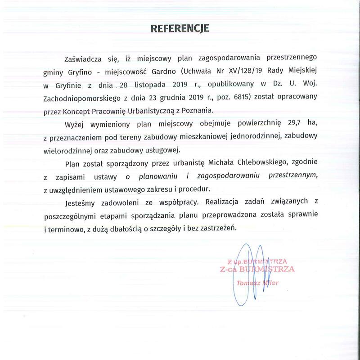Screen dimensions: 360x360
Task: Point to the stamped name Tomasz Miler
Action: (257, 283)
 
